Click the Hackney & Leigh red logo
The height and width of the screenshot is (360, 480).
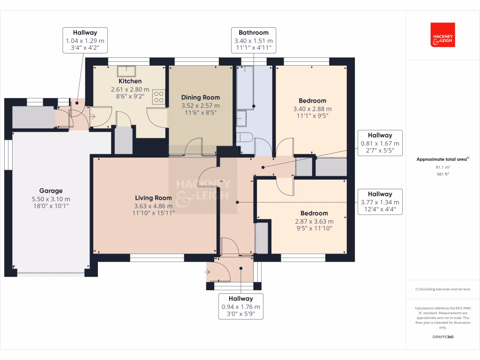(442, 35)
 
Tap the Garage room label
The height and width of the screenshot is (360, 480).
(51, 191)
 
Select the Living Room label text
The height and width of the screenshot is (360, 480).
(154, 198)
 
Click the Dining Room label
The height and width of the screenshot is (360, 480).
(201, 97)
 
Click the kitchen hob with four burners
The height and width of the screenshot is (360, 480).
(159, 97)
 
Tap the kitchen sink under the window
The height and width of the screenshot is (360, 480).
(127, 71)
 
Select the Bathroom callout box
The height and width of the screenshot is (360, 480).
(254, 40)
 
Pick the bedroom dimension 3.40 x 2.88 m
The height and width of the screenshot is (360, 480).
(312, 109)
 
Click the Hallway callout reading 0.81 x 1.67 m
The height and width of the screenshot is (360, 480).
(380, 143)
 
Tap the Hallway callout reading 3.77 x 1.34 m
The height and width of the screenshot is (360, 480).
(380, 202)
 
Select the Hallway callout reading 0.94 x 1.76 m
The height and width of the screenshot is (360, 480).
(240, 307)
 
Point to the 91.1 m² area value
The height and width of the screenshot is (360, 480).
(442, 167)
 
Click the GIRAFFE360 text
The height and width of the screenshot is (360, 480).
(442, 337)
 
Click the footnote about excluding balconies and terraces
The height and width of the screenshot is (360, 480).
(442, 289)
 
